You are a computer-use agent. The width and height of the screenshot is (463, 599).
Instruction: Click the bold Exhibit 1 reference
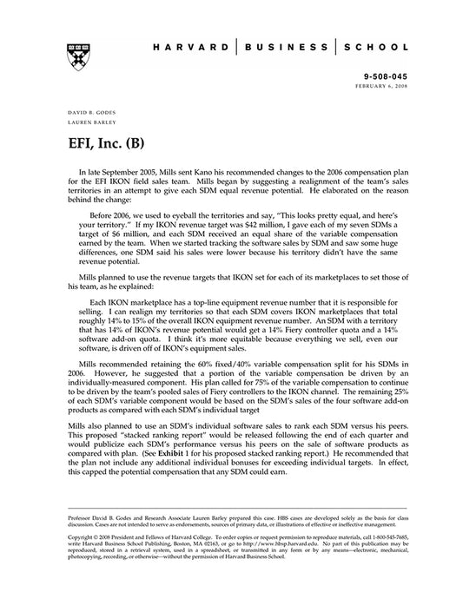(x=188, y=452)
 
